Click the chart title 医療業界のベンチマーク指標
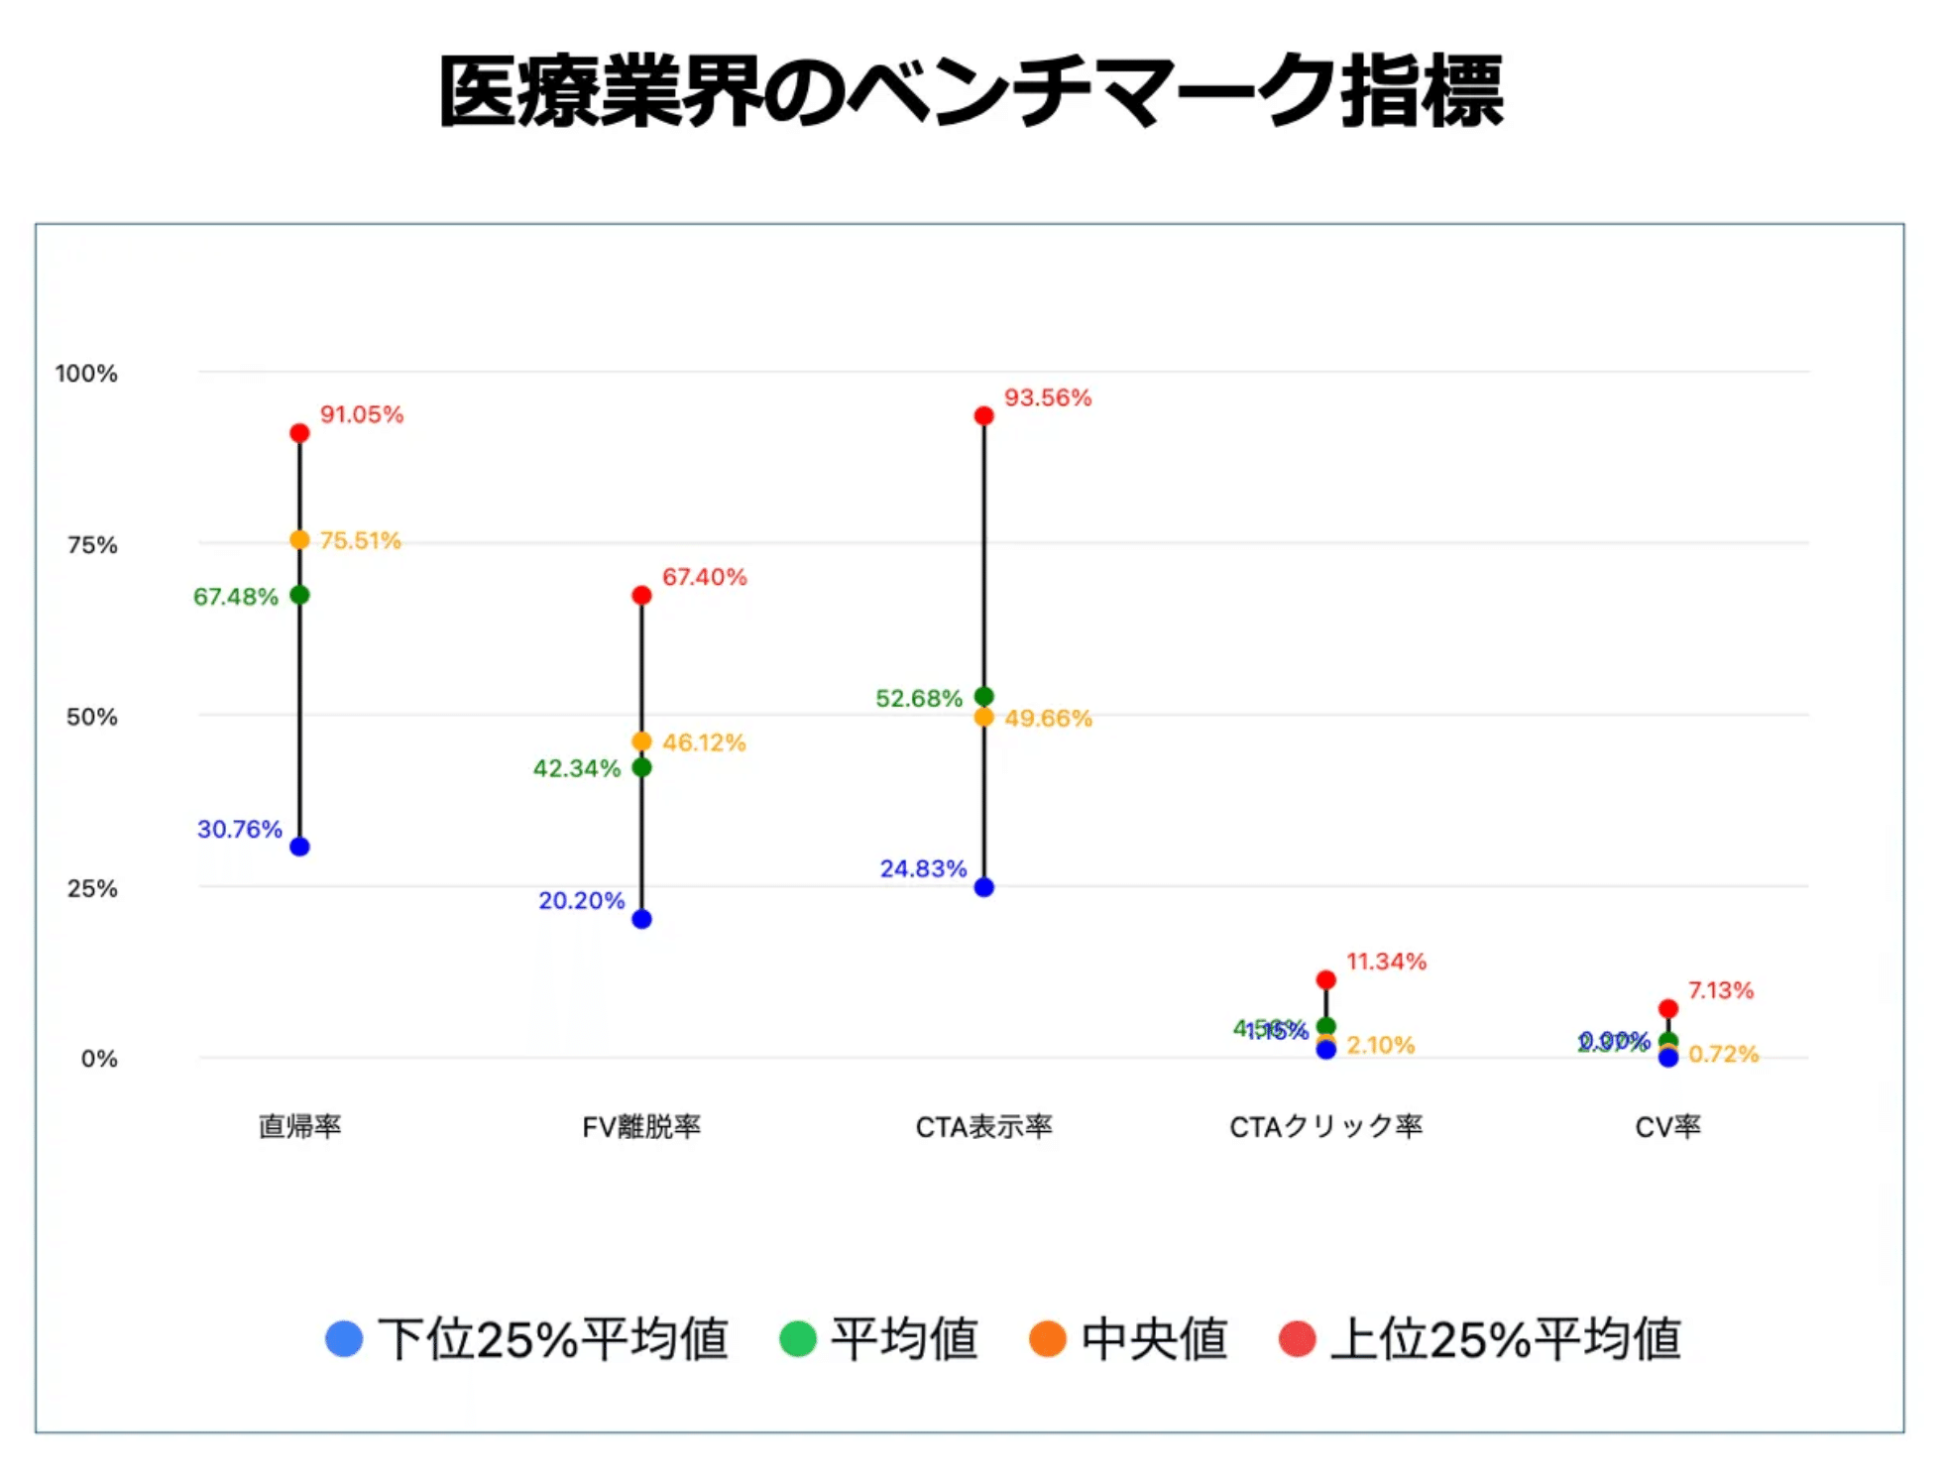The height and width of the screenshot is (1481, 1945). click(971, 92)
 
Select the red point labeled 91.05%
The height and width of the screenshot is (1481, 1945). click(299, 433)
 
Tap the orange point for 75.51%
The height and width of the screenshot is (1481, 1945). click(299, 540)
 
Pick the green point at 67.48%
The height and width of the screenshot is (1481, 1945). click(299, 595)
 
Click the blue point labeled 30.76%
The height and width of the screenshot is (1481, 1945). click(299, 847)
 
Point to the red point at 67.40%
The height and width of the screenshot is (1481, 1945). click(641, 595)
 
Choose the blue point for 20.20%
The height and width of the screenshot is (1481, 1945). click(641, 919)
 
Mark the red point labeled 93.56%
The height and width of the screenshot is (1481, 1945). click(983, 415)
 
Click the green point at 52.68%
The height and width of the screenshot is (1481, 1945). click(983, 697)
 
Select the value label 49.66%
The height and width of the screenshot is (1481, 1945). click(1048, 718)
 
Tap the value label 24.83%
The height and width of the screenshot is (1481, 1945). click(923, 868)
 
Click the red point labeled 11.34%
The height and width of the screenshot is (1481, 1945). click(1325, 979)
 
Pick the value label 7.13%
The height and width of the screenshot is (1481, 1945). click(1721, 990)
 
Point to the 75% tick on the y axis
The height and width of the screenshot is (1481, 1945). click(92, 544)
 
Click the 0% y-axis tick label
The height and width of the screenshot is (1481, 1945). click(99, 1059)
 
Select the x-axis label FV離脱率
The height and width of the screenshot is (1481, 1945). click(641, 1126)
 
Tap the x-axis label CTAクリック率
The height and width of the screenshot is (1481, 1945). click(1325, 1126)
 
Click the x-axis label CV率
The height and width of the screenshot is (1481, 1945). click(1667, 1126)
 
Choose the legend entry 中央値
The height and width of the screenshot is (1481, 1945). click(1129, 1338)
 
